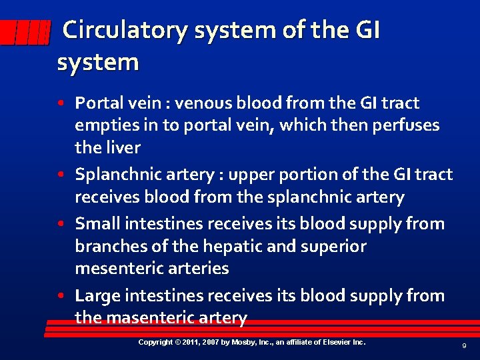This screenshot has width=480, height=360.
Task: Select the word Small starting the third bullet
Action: pyautogui.click(x=96, y=223)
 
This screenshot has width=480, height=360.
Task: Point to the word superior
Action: pyautogui.click(x=333, y=246)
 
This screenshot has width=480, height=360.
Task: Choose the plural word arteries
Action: pyautogui.click(x=193, y=269)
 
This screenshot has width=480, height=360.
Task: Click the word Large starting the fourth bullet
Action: pyautogui.click(x=97, y=295)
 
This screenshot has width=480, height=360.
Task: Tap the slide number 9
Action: pyautogui.click(x=463, y=346)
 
